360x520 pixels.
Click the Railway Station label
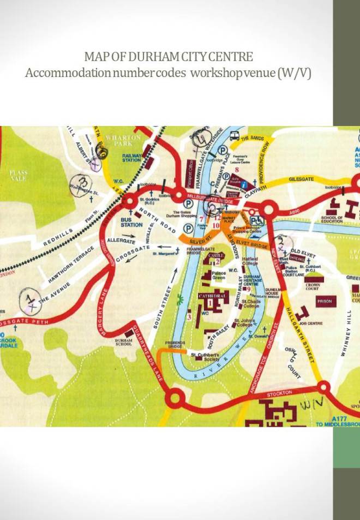coord(131,157)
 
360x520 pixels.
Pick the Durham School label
coord(124,342)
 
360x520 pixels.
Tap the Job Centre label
coord(311,323)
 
